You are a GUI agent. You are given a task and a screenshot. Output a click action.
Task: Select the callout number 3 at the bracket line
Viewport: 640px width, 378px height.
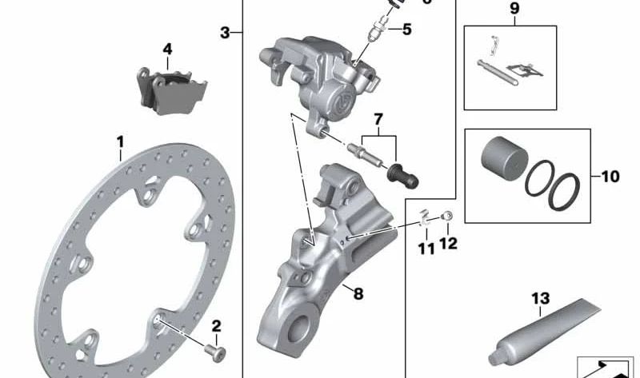[x=226, y=33]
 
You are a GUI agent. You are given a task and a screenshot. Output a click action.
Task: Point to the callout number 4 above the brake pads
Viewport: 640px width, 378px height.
[x=167, y=50]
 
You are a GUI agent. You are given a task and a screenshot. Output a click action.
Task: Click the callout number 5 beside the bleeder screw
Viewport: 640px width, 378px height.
[x=407, y=30]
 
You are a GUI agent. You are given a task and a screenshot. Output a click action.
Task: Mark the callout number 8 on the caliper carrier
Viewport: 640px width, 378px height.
[x=358, y=293]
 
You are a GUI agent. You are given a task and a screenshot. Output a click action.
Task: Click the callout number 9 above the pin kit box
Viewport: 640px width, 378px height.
[x=514, y=10]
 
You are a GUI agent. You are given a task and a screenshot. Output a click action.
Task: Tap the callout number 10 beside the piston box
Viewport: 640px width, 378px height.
[x=610, y=176]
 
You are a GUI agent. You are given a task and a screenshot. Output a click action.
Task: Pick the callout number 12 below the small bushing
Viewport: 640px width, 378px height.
[x=448, y=243]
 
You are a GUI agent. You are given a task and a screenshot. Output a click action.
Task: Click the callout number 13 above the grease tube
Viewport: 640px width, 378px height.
[x=541, y=299]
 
